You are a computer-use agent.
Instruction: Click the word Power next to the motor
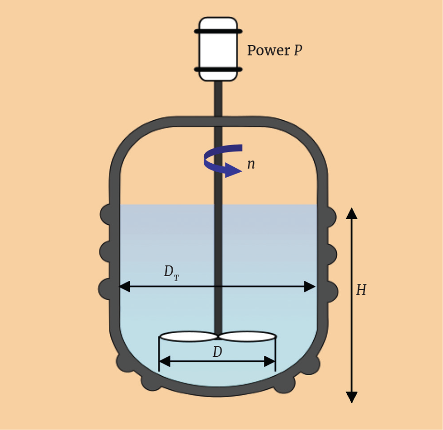point(268,50)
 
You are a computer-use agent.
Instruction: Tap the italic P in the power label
point(298,50)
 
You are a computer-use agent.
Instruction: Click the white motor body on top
point(218,50)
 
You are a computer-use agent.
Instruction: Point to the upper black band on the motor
point(218,31)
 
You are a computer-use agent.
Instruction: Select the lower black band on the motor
point(218,70)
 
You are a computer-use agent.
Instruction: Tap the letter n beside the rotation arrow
point(251,164)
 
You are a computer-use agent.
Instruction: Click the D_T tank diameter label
point(171,273)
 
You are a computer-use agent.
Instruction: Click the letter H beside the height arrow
point(361,290)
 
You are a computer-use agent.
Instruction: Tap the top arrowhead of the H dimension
point(352,213)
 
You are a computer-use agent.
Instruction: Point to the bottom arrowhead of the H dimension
point(352,397)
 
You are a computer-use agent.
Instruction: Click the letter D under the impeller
point(217,352)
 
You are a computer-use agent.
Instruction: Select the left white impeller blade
point(189,336)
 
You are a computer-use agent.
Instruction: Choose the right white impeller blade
point(248,336)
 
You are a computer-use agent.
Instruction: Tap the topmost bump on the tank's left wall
point(107,214)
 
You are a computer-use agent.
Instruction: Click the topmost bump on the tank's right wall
point(330,217)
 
